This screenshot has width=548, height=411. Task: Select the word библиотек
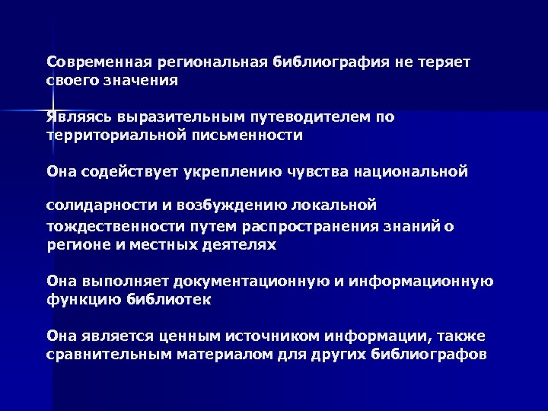point(165,299)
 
